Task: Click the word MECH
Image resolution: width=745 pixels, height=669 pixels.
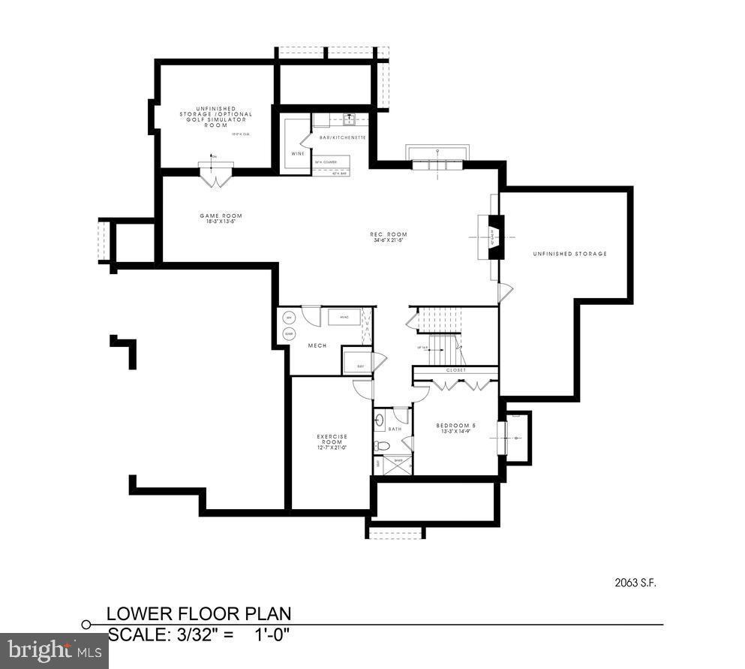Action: (316, 345)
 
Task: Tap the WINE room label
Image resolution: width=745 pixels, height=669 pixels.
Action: (298, 154)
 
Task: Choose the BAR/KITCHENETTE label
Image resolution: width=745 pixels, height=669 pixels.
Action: (342, 138)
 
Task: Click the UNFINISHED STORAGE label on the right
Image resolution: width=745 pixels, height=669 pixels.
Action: (569, 254)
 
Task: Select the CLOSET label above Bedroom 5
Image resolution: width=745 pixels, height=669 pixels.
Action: (455, 370)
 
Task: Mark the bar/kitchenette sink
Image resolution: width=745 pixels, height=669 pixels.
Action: (349, 118)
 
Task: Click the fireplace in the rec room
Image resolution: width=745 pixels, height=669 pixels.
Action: (495, 237)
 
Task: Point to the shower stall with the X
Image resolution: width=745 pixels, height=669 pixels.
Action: (398, 466)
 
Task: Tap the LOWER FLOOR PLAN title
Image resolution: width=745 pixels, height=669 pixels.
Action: (198, 613)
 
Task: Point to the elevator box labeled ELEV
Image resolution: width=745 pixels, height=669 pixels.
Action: (357, 364)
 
